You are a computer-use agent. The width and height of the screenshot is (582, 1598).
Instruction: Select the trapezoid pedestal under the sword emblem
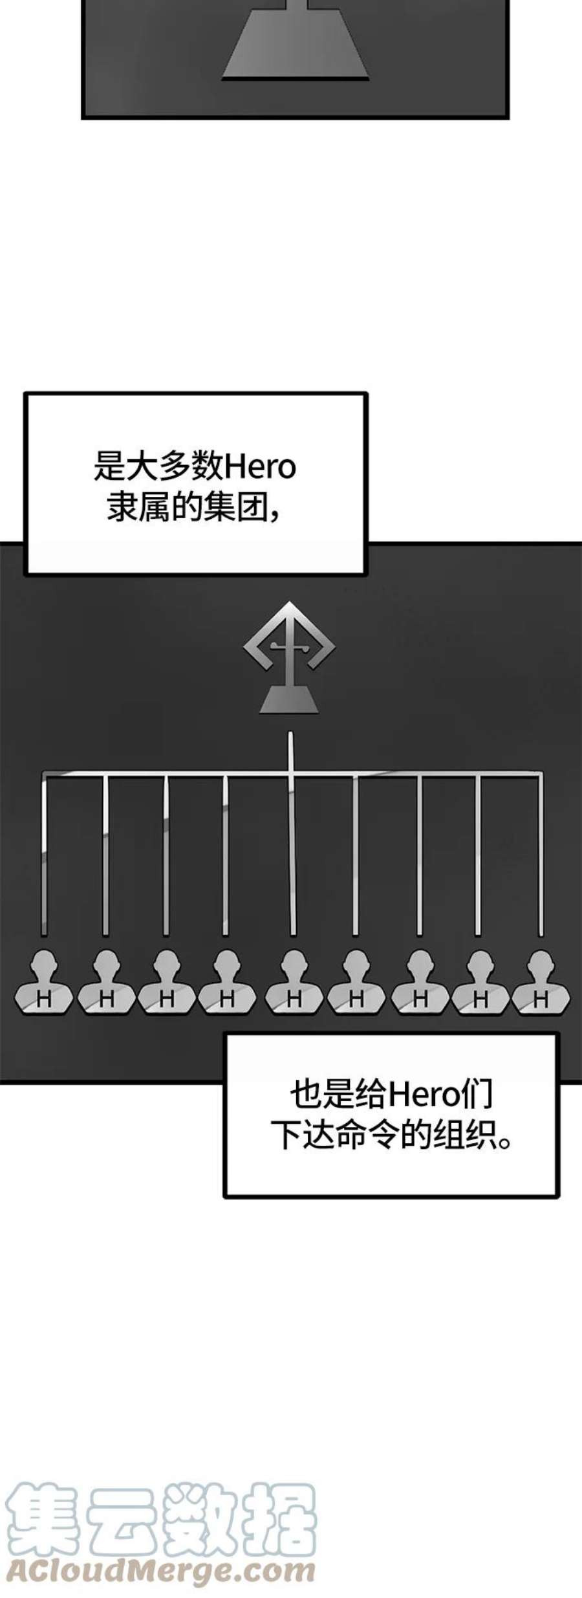(x=289, y=701)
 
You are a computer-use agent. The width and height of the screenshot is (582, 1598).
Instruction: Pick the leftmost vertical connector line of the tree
(x=44, y=854)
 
